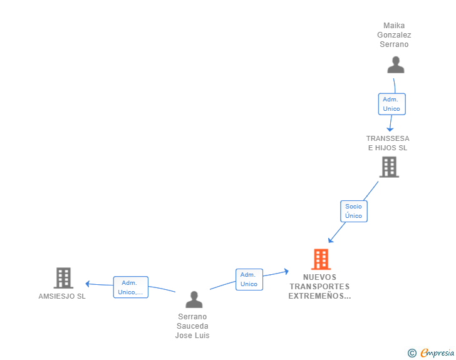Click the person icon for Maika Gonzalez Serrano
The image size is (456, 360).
(x=395, y=65)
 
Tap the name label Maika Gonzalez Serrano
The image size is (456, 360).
(x=395, y=35)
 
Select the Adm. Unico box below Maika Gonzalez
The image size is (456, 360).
(x=391, y=104)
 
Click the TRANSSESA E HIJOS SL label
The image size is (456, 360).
(x=388, y=143)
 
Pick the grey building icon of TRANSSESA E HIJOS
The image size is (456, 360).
(x=389, y=167)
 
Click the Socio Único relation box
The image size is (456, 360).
(x=353, y=211)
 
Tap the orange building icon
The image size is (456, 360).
(x=321, y=259)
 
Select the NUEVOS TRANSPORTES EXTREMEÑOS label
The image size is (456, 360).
(x=319, y=287)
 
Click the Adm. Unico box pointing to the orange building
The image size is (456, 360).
(x=249, y=279)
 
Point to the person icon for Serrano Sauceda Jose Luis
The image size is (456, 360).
(x=194, y=300)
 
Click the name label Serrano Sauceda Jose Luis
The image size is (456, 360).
(x=192, y=326)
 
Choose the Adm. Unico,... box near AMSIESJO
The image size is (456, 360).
(x=130, y=287)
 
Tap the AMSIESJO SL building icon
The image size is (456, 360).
(x=63, y=277)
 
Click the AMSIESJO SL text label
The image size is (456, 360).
(x=62, y=296)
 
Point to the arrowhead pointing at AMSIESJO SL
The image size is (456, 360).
(x=88, y=284)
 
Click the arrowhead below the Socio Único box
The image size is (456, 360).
(x=331, y=240)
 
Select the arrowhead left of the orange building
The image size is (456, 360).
(x=286, y=271)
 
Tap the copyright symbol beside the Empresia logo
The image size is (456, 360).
(x=412, y=354)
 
